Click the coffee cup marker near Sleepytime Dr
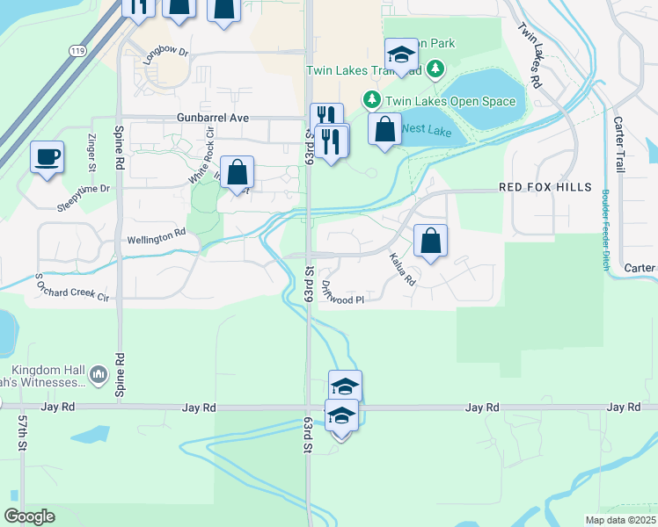coord(47,157)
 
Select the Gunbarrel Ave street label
coord(213,118)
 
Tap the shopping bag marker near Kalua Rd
coord(430,241)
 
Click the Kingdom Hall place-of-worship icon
coord(99,376)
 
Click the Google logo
coord(29,516)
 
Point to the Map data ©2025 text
coord(619,520)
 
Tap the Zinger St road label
coord(91,153)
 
